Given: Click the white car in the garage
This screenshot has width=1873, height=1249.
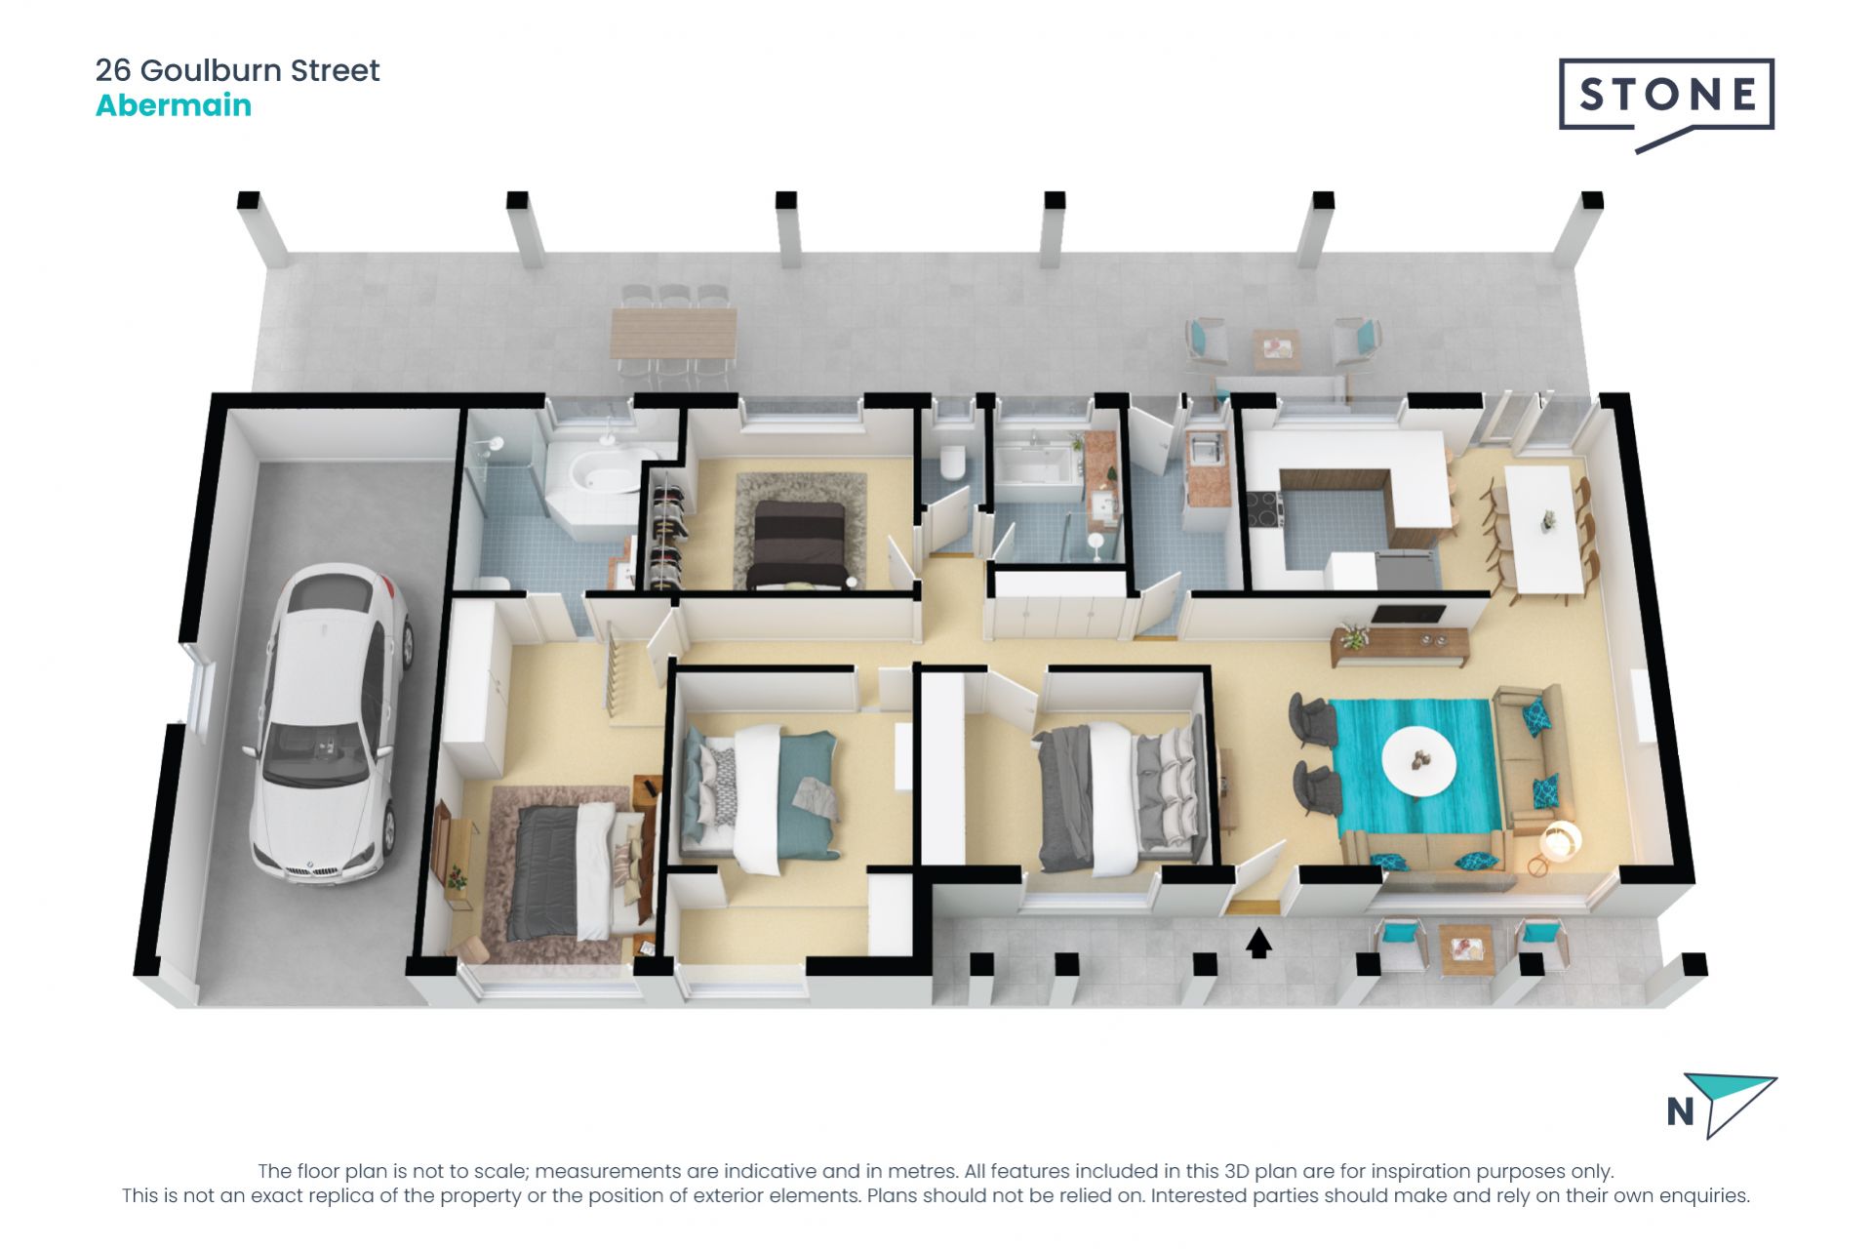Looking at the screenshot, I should (x=327, y=722).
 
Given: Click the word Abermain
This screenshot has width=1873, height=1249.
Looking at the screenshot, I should (x=174, y=105).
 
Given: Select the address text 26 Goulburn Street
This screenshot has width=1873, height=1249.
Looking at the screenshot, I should (x=237, y=70).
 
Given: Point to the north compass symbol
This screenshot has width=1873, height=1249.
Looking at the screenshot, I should (x=1722, y=1108).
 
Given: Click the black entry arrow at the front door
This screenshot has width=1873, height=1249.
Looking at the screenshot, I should (x=1258, y=943).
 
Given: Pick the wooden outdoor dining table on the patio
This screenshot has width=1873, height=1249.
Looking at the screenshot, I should (x=673, y=333).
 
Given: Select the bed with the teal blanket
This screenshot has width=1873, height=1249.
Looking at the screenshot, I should (x=761, y=800).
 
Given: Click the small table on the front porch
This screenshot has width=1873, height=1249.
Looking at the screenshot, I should (x=1465, y=947).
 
